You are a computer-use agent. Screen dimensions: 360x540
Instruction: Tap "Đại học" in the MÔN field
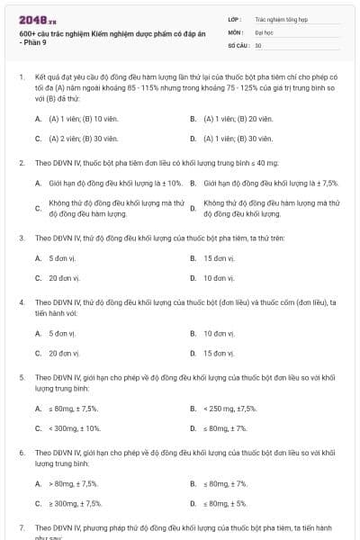coord(264,31)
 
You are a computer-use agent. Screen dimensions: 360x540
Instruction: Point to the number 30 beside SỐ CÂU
coord(258,45)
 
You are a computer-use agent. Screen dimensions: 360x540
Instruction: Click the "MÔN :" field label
coord(235,31)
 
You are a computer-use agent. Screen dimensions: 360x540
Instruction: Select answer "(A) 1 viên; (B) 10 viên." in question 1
coord(79,119)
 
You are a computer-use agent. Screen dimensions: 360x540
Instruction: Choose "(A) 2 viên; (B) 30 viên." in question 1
coord(79,139)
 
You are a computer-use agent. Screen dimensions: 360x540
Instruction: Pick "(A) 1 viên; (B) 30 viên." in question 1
coord(238,139)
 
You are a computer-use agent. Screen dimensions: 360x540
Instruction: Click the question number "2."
coord(22,163)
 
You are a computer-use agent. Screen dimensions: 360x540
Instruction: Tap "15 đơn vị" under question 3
coord(219,258)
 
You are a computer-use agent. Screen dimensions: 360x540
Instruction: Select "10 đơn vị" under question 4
coord(219,333)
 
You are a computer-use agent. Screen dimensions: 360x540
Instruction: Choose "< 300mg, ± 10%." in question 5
coord(75,428)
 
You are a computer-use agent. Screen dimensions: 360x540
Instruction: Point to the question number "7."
coord(22,526)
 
